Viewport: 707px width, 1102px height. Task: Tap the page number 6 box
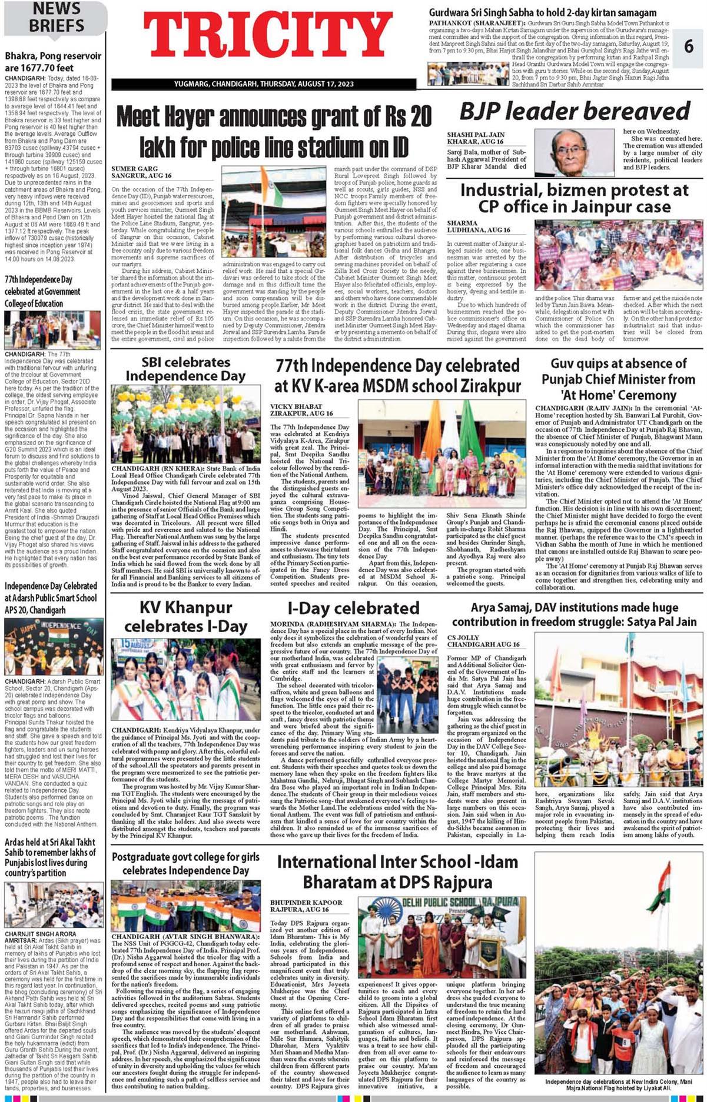click(x=689, y=46)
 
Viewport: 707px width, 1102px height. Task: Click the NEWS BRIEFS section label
click(x=57, y=17)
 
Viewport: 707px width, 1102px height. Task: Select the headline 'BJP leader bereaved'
click(x=574, y=111)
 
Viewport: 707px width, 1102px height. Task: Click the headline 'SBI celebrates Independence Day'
click(x=185, y=369)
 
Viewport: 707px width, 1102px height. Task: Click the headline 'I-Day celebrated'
click(x=353, y=607)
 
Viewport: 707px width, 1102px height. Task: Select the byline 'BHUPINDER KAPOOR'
click(x=306, y=902)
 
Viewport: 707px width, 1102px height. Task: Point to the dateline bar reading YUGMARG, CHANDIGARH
click(x=264, y=84)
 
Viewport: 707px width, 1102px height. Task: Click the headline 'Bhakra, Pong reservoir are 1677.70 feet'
click(x=53, y=62)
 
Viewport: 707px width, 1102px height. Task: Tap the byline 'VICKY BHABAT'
click(x=296, y=406)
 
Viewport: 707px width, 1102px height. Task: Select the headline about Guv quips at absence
click(x=618, y=379)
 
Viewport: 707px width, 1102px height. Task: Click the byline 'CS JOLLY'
click(x=463, y=637)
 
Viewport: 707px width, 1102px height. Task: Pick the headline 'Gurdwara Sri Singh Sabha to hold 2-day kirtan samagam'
click(x=542, y=12)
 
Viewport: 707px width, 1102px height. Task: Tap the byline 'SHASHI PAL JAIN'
click(x=476, y=135)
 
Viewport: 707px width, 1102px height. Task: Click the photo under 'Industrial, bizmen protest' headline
click(x=618, y=255)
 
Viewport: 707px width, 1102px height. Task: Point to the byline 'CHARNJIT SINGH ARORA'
click(x=41, y=933)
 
